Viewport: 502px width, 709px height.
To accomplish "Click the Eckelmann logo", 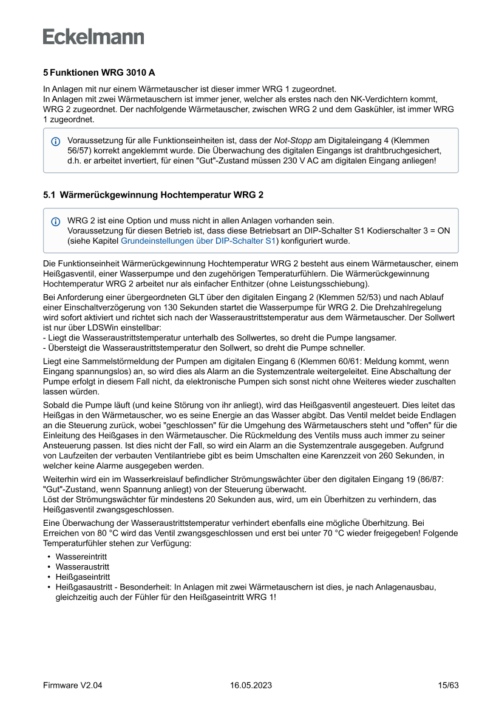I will [93, 37].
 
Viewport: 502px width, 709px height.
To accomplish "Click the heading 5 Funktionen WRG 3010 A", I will [99, 72].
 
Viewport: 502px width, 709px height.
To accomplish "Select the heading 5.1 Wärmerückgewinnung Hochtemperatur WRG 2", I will [152, 195].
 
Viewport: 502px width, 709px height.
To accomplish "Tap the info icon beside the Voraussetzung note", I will [56, 141].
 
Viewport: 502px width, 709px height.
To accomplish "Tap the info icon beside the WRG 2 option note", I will [56, 221].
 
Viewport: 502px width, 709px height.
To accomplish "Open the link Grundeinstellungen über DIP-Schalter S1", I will [198, 241].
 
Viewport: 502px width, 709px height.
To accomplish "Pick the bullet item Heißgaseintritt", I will [83, 576].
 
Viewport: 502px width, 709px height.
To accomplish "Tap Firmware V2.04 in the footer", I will [72, 685].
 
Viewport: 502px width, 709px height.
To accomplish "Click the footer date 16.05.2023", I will [251, 685].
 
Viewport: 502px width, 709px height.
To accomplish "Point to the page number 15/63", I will [448, 685].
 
